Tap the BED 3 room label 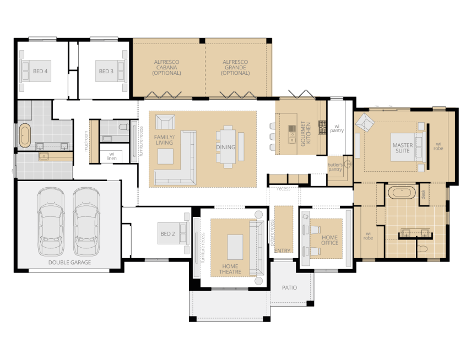(106, 71)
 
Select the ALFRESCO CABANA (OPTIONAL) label (167, 67)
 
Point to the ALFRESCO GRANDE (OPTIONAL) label (235, 67)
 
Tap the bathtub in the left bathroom (25, 135)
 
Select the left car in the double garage (51, 220)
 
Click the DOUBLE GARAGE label (69, 263)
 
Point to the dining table (228, 146)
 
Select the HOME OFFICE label (331, 240)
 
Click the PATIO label (290, 287)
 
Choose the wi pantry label (337, 129)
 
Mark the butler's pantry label (335, 167)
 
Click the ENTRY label (283, 251)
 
